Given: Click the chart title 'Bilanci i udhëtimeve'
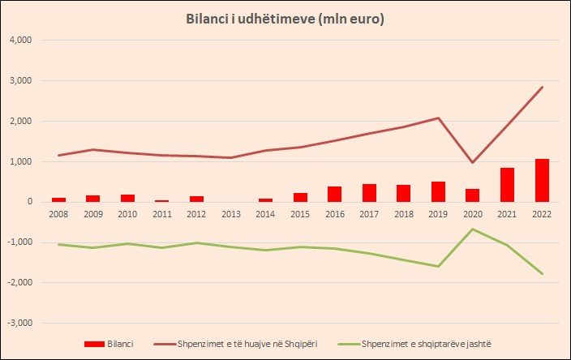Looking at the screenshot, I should [x=285, y=19].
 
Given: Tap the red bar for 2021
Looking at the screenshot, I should [x=507, y=185].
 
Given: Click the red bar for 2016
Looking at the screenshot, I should [x=334, y=194].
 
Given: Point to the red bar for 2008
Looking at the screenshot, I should [x=58, y=199].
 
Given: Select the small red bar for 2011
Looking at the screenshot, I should [x=161, y=200].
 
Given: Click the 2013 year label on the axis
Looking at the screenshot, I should [x=230, y=216].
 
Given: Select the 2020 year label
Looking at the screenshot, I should [x=472, y=216].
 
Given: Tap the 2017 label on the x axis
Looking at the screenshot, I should [x=369, y=216].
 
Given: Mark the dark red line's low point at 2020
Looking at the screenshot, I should [x=472, y=163].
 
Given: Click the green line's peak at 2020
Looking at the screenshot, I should [x=472, y=229].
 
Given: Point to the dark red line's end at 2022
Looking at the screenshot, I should [x=542, y=87].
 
